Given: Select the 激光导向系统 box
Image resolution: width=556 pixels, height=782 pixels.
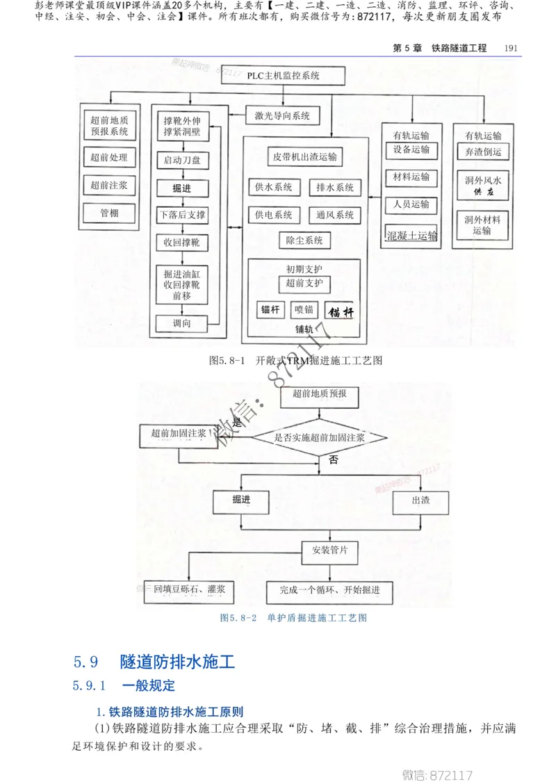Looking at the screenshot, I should [282, 116].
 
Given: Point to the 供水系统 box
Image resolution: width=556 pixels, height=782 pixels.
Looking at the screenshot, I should [273, 187].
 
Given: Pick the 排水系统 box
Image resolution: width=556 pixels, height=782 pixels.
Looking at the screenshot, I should [335, 187].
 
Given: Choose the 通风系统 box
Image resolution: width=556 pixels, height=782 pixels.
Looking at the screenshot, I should [335, 215].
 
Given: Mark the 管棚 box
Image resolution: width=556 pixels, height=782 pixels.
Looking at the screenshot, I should [109, 213].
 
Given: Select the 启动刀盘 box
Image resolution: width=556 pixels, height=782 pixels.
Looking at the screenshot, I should [182, 161].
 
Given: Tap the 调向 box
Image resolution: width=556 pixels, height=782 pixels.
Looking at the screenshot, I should [182, 323].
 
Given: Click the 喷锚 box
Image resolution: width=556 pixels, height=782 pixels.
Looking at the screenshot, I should [304, 309].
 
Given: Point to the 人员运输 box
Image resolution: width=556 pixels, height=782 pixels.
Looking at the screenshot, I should [411, 204].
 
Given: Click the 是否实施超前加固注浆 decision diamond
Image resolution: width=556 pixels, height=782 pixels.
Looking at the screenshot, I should [319, 437].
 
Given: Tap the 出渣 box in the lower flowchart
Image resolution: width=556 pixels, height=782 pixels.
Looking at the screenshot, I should [420, 500].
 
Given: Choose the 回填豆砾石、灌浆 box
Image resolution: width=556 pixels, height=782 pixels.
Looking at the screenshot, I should [189, 590].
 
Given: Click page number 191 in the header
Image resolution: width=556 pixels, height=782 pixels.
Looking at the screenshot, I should [512, 48].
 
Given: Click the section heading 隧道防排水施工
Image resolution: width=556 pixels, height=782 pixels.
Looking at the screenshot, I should [177, 661].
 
